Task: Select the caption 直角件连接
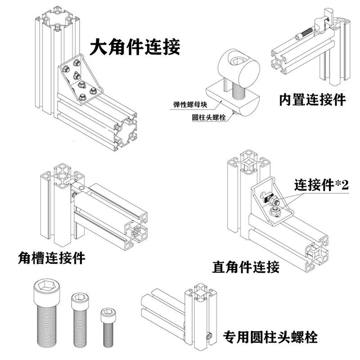pyautogui.click(x=246, y=266)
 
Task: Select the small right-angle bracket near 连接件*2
pyautogui.click(x=270, y=202)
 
